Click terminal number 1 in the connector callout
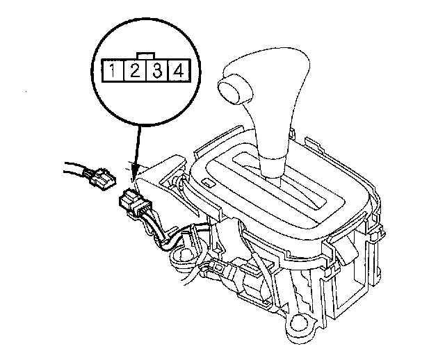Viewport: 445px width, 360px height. (113, 71)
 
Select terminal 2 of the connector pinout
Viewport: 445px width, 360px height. (135, 71)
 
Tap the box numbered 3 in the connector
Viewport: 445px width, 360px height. (157, 71)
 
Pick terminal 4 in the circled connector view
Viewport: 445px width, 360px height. (179, 71)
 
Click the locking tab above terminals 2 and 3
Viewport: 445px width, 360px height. (146, 56)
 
